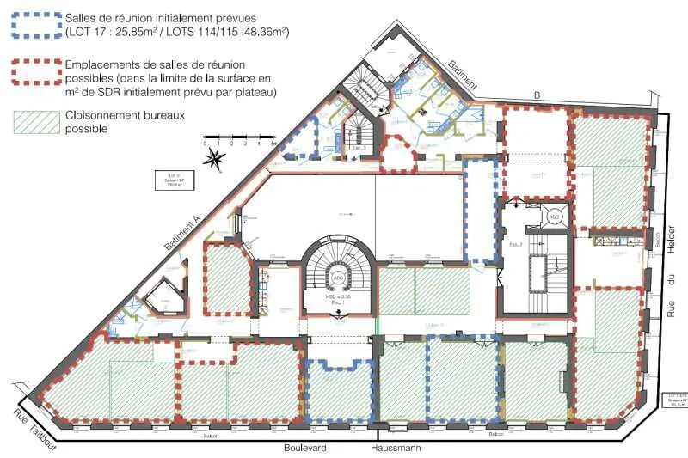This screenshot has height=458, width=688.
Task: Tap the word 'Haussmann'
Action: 398,448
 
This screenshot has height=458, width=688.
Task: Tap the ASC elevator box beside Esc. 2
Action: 555,217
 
